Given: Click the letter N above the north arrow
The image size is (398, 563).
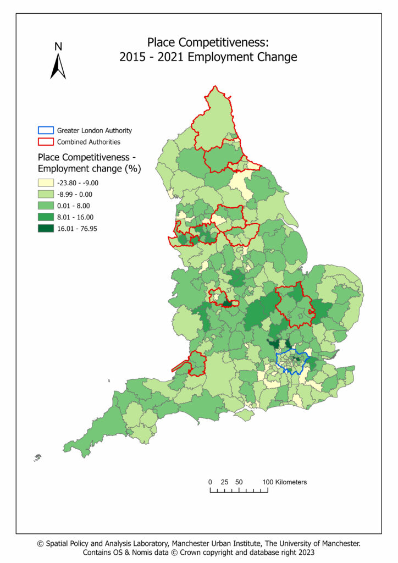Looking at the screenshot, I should [58, 47].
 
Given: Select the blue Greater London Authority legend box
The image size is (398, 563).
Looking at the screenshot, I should [45, 131].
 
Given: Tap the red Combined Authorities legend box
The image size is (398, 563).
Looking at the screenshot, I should [45, 142].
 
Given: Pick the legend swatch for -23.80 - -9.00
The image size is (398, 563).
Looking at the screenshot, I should [45, 183].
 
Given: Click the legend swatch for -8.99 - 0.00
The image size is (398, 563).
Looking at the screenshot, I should [45, 194].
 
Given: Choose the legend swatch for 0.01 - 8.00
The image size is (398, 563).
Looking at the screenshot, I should [45, 206].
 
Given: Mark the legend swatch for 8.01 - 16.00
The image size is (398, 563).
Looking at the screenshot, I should [45, 217].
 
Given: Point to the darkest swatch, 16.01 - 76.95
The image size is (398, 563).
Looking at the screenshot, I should [45, 229].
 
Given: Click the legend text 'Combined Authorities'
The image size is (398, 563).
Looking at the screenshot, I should [89, 142].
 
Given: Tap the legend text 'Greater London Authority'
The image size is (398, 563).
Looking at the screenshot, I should [95, 131].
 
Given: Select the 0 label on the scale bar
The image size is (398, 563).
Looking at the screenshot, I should [210, 482].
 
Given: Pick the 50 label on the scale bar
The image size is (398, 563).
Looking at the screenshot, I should [239, 482].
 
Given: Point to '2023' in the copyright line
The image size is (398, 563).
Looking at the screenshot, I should [305, 552].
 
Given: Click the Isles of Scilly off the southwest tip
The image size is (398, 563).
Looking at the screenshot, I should [37, 456].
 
